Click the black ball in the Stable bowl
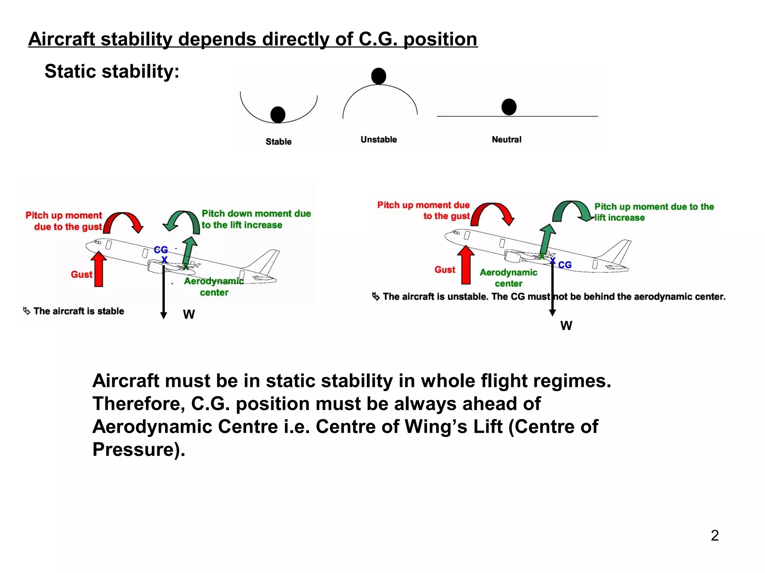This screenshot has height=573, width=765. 278,115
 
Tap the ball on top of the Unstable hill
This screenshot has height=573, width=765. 378,76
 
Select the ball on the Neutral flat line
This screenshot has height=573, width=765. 509,107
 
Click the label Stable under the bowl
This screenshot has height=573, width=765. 278,142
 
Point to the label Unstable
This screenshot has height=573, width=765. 378,140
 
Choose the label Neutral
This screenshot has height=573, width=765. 506,140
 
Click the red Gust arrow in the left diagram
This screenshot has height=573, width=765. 99,269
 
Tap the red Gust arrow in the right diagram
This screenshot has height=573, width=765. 466,265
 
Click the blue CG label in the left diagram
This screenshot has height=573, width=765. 161,250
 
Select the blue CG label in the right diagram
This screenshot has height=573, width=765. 565,265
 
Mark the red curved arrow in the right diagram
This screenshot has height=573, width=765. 492,213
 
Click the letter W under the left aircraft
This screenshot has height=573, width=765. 189,314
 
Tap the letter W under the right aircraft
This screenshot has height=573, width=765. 566,326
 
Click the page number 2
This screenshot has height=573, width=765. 715,535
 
